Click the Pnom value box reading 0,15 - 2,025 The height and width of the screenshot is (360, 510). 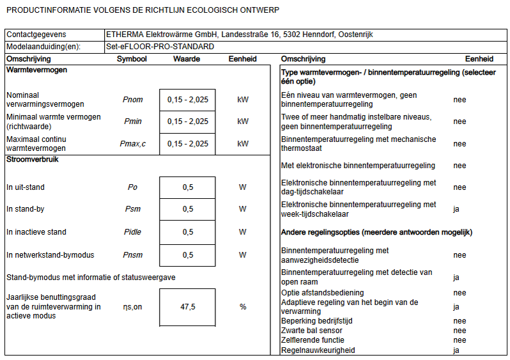(187, 100)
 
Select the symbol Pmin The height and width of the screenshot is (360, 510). (132, 121)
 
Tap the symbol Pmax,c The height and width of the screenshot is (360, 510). (132, 144)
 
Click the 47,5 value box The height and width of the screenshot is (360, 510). (187, 307)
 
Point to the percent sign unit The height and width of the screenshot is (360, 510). (243, 307)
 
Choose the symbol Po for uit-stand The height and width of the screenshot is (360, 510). (132, 187)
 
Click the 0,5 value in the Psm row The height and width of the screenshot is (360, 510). (187, 209)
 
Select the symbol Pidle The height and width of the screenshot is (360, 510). (132, 232)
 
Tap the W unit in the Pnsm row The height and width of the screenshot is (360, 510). (243, 255)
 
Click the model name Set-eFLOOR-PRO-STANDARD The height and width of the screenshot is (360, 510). (160, 47)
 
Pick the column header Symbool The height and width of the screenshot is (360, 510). (132, 59)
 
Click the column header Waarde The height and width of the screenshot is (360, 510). (187, 59)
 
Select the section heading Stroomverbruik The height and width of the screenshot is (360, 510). (33, 159)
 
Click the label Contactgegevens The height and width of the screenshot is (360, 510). (36, 34)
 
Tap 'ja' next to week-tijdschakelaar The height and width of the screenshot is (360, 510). (456, 209)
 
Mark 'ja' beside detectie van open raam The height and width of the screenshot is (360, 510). (456, 278)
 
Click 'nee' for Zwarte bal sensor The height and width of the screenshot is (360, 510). (460, 331)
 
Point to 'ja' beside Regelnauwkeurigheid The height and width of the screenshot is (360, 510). (456, 350)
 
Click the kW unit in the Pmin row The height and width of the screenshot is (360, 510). (243, 121)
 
